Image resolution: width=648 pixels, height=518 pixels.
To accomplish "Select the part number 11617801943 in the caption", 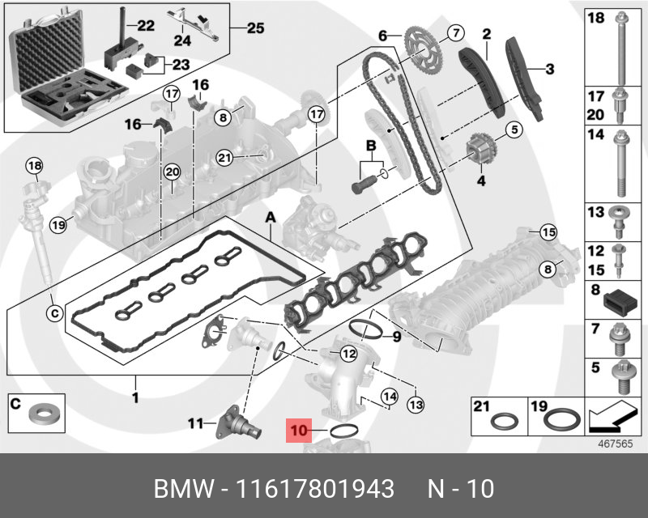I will [315, 489].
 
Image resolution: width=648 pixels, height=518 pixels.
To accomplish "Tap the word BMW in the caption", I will [183, 489].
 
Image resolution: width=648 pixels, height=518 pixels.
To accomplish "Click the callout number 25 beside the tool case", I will [254, 28].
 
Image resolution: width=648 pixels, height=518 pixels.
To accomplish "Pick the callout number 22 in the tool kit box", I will [145, 26].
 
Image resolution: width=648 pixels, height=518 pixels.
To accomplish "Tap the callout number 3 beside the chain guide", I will [549, 70].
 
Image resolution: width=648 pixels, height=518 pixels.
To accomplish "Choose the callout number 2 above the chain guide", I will [487, 34].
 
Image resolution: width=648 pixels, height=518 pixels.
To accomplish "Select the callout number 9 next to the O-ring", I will [396, 336].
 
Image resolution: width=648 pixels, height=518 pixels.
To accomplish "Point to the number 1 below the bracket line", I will [136, 397].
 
